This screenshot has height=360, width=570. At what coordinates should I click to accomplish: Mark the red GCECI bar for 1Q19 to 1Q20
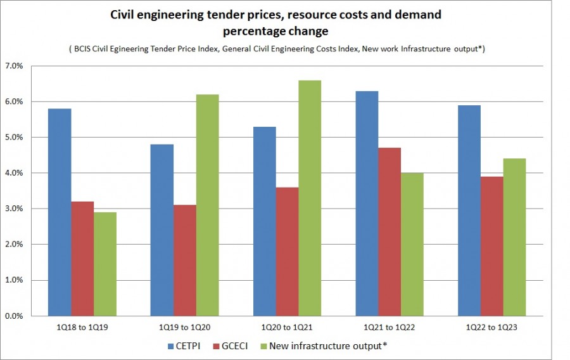pyautogui.click(x=185, y=260)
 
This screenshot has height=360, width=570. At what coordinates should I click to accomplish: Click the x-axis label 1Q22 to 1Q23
pyautogui.click(x=491, y=327)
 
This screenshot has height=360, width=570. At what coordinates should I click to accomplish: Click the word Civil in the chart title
pyautogui.click(x=124, y=13)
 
